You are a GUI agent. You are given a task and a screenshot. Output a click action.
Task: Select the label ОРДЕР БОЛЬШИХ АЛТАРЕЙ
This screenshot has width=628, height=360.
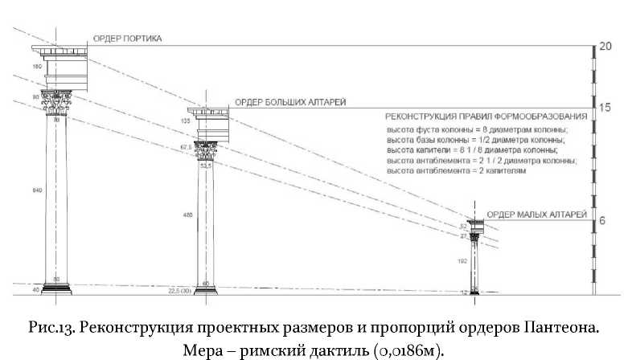(290, 102)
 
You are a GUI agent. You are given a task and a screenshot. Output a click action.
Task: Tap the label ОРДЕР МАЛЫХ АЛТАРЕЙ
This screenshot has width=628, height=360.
(532, 214)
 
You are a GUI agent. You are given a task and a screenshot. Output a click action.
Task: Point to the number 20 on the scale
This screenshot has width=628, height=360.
(605, 47)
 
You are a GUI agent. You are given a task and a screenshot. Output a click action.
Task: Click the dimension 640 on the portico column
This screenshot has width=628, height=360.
(35, 190)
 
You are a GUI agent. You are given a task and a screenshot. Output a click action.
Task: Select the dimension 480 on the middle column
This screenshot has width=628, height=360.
(187, 215)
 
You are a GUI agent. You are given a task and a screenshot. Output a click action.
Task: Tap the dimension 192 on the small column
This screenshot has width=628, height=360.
(462, 262)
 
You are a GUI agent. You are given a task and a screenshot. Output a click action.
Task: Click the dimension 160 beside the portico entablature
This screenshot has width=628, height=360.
(36, 66)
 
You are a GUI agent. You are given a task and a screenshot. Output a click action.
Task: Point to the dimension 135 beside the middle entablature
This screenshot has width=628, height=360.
(187, 121)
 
